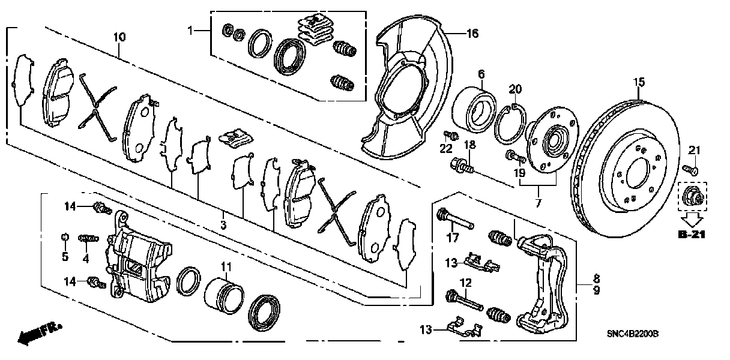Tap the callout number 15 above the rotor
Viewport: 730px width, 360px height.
638,81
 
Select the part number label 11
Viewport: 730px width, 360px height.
225,266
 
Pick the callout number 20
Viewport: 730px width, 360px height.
515,89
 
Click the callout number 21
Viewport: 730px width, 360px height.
694,149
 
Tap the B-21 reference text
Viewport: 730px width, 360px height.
692,235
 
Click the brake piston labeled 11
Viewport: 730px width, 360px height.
223,293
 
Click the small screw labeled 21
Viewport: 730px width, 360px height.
690,170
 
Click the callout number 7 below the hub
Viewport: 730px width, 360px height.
538,204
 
